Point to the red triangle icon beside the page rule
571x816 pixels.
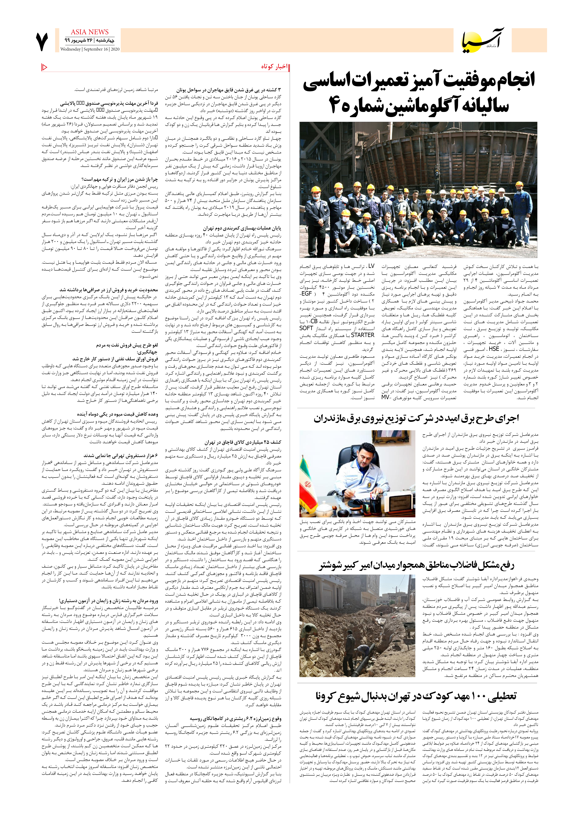[x=44, y=67]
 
